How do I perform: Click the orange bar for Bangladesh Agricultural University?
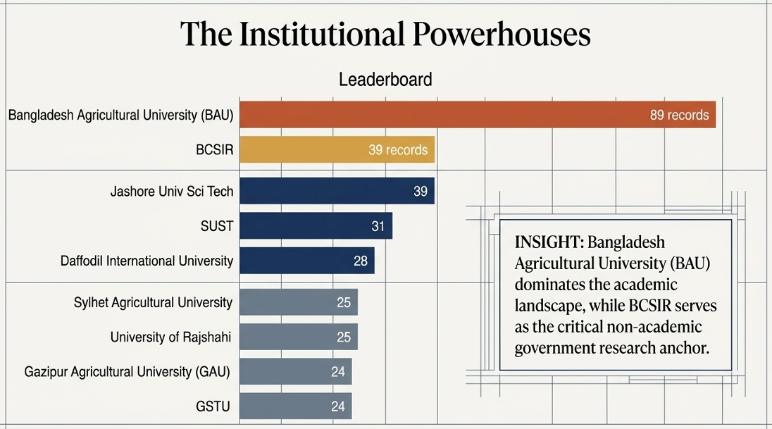pyautogui.click(x=478, y=115)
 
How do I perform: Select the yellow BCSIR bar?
pyautogui.click(x=337, y=150)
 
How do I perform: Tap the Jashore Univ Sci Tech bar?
pyautogui.click(x=337, y=191)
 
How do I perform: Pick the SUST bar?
pyautogui.click(x=316, y=226)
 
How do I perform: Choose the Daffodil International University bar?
pyautogui.click(x=307, y=261)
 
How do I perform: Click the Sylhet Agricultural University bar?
pyautogui.click(x=299, y=302)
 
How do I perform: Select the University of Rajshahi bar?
pyautogui.click(x=299, y=337)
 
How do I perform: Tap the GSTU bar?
pyautogui.click(x=296, y=406)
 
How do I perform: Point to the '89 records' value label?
pyautogui.click(x=679, y=116)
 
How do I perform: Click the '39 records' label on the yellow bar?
pyautogui.click(x=398, y=150)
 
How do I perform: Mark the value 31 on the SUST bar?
pyautogui.click(x=378, y=226)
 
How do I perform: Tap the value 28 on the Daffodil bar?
pyautogui.click(x=361, y=261)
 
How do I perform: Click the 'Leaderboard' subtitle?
pyautogui.click(x=385, y=80)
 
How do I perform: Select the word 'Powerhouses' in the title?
pyautogui.click(x=502, y=34)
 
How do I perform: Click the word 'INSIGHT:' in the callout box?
pyautogui.click(x=549, y=242)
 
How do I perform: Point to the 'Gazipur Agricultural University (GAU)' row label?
pyautogui.click(x=127, y=372)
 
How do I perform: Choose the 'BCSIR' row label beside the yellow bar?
pyautogui.click(x=215, y=150)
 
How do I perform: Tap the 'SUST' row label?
pyautogui.click(x=217, y=226)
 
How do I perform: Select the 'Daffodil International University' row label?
pyautogui.click(x=147, y=261)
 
